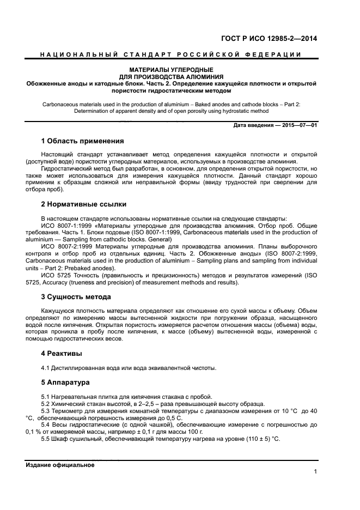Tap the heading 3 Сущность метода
click(76, 297)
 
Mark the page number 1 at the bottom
click(315, 472)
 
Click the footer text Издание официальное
click(60, 465)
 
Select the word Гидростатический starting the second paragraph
click(66, 169)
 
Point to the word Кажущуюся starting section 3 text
click(57, 311)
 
